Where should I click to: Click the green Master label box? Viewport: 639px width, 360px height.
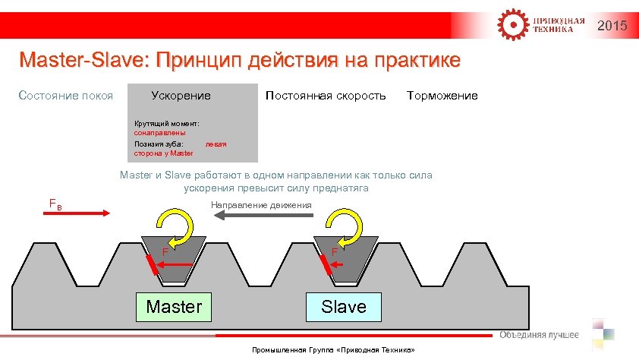(x=174, y=307)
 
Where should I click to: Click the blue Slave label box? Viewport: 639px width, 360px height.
(x=343, y=307)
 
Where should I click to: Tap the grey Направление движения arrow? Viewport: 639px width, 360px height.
(x=263, y=217)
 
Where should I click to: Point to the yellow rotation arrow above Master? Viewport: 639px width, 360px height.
(x=174, y=226)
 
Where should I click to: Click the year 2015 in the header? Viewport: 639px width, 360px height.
(x=612, y=27)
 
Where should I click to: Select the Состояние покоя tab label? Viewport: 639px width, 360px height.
(x=66, y=96)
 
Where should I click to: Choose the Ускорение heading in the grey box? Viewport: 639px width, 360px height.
(x=181, y=96)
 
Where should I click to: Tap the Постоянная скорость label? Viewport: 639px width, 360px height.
(x=326, y=96)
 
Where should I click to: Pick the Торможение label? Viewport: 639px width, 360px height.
(x=442, y=96)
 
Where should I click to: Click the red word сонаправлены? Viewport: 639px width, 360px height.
(x=160, y=133)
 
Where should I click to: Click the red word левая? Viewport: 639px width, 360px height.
(x=216, y=144)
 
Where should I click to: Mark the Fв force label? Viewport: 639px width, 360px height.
(x=55, y=203)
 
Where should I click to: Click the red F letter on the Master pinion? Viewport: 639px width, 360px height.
(x=165, y=252)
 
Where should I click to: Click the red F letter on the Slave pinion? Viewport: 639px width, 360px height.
(x=334, y=252)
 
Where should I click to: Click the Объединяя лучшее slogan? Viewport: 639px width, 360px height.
(x=539, y=335)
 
